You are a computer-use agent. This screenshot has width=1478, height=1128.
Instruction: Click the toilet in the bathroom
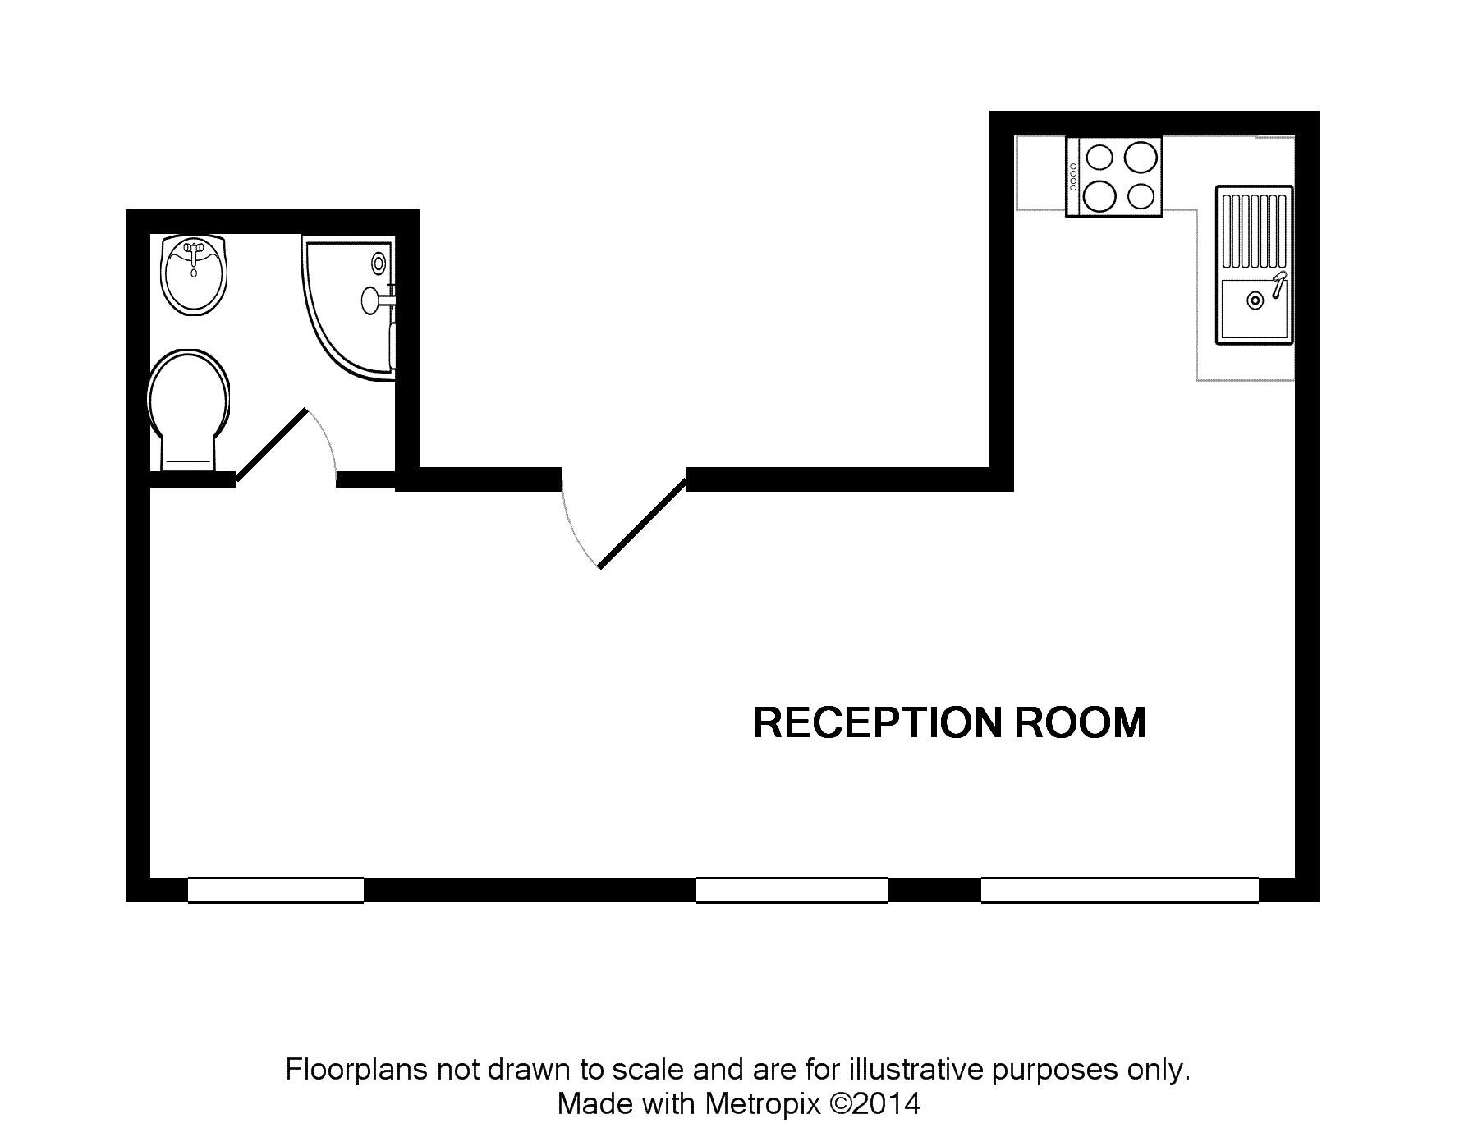(188, 410)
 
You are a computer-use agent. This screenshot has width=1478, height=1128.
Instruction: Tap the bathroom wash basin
(194, 275)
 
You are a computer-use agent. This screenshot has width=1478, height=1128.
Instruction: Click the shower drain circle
(379, 263)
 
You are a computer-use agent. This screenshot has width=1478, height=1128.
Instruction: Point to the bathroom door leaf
(271, 444)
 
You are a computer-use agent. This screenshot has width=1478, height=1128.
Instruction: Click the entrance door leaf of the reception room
(642, 523)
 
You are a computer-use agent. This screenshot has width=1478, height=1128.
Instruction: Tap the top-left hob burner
(1099, 156)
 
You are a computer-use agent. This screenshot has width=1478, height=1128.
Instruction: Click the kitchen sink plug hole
(1255, 300)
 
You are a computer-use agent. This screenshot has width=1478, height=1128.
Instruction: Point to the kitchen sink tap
(1278, 284)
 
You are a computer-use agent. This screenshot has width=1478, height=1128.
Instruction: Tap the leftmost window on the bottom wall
(276, 890)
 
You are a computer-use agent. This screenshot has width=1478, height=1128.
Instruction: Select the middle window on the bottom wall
(792, 890)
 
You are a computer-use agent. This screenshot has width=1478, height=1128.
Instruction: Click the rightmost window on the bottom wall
(1120, 890)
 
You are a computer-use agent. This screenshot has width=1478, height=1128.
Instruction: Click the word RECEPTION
(878, 723)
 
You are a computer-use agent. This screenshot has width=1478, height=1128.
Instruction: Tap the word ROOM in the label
(1081, 723)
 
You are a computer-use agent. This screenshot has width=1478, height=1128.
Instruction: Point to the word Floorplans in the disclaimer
(357, 1071)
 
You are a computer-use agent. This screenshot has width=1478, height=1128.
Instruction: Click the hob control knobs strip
(1073, 177)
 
